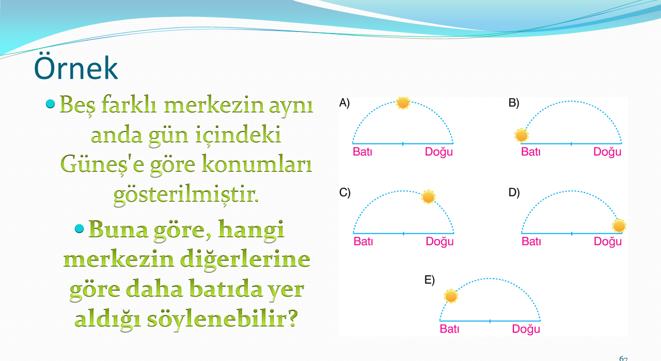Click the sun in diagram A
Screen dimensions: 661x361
coord(403,103)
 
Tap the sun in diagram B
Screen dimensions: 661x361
coord(522,136)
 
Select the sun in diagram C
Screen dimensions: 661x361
coord(428,197)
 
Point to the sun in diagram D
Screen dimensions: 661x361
coord(619,226)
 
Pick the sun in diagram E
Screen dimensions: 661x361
coord(451,296)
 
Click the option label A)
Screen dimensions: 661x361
coord(344,103)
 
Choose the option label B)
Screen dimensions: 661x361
coord(514,103)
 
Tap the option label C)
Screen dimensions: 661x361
coord(344,192)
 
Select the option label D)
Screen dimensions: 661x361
coord(514,192)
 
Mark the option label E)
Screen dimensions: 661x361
coord(429,280)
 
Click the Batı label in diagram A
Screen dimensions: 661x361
coord(363,152)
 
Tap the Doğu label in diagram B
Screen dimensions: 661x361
coord(607,152)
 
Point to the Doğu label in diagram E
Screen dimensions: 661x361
coord(526,330)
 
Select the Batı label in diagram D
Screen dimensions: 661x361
coord(531,241)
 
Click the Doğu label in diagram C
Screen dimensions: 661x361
coord(439,242)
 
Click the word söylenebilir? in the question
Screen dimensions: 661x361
coord(222,320)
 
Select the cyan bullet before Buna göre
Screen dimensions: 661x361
coord(80,228)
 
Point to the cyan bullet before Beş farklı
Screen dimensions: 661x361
coord(51,104)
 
